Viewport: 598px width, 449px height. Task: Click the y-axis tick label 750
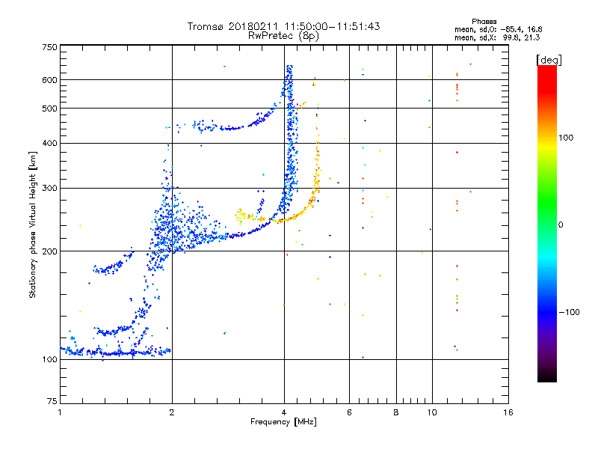(49, 46)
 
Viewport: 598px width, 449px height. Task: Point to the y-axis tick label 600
(49, 79)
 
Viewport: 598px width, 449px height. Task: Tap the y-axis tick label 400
(49, 143)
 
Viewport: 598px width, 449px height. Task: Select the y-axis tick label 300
(49, 188)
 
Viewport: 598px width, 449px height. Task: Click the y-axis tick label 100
(49, 359)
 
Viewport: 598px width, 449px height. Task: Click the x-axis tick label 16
(507, 412)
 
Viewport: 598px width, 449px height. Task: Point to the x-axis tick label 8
(396, 412)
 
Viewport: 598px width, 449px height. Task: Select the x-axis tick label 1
(61, 412)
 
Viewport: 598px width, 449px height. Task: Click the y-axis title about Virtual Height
(33, 225)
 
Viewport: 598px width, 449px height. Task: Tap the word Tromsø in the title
(206, 26)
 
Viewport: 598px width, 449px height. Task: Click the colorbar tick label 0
(562, 224)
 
